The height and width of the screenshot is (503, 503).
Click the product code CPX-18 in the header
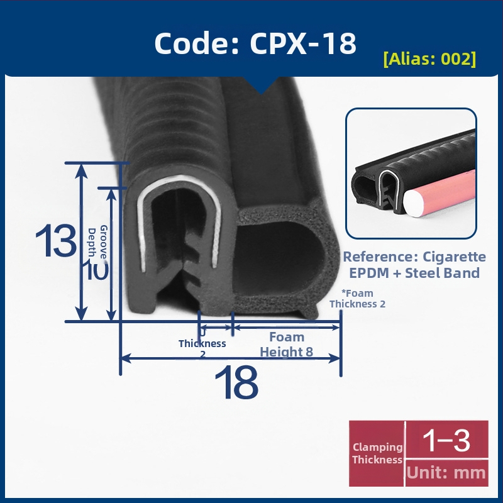(303, 43)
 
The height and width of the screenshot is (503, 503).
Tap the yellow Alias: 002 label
(429, 58)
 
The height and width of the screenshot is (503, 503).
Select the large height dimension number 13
(56, 240)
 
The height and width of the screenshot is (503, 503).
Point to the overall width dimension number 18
(236, 382)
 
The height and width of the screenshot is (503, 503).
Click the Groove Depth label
(98, 242)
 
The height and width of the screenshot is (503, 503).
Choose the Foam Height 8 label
(287, 344)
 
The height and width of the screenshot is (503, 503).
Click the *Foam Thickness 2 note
(357, 298)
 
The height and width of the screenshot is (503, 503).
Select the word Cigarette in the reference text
(454, 257)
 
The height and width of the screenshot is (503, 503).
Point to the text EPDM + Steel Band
(414, 273)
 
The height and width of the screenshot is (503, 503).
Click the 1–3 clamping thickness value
(446, 440)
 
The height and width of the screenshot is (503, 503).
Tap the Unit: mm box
(447, 473)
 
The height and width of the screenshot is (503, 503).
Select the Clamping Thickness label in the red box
(377, 453)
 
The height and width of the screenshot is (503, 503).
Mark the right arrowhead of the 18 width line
(334, 358)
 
